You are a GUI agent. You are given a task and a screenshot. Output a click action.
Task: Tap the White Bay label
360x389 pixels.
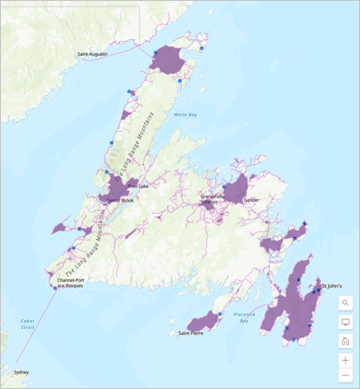(186, 115)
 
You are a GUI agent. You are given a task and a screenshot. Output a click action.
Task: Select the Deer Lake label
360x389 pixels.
(138, 186)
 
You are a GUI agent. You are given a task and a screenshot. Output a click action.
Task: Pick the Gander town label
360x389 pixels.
(252, 200)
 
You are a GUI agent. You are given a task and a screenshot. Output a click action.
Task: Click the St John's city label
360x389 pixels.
(333, 285)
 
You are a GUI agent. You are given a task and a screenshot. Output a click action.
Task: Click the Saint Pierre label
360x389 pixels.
(191, 333)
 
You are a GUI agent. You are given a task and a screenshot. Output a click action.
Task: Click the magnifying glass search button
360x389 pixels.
(346, 303)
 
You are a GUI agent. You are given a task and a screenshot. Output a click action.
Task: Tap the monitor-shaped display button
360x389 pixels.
(346, 323)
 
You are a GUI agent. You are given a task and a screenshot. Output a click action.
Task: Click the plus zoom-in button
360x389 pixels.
(346, 360)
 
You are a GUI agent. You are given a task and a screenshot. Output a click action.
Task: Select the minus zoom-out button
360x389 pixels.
(346, 375)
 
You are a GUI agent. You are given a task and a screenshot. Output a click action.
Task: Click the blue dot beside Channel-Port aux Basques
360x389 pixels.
(55, 287)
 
